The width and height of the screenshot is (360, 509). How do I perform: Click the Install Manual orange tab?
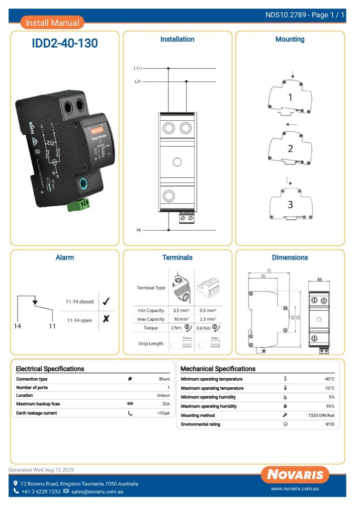52,23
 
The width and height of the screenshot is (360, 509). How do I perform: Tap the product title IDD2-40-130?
65,44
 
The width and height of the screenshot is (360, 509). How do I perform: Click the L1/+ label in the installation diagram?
138,68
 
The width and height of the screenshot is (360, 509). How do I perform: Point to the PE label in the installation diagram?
139,231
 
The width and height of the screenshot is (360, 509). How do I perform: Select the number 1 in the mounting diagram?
290,98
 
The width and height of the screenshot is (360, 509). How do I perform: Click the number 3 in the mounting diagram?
290,204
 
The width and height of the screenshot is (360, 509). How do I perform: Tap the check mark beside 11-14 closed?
105,301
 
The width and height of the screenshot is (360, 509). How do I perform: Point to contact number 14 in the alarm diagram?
18,326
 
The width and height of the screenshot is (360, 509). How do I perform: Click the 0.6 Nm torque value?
204,328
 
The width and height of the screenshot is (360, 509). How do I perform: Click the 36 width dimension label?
319,279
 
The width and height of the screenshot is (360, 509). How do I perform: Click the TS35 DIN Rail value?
321,415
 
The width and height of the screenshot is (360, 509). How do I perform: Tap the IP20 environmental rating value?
329,424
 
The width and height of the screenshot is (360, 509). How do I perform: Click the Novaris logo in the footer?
295,474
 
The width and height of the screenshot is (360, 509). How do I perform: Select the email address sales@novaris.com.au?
97,492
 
